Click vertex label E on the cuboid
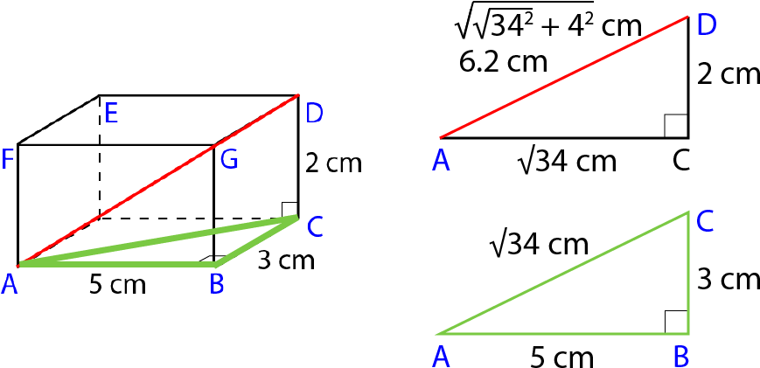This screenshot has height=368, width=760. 111,115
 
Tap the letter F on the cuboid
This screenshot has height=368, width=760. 7,160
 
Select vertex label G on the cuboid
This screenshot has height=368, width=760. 229,160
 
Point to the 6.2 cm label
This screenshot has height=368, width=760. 503,62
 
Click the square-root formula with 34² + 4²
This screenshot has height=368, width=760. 548,25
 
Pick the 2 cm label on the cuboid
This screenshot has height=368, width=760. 333,163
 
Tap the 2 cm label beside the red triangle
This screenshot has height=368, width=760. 728,75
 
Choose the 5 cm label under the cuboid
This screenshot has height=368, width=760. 117,285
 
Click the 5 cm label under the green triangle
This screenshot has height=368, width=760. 561,358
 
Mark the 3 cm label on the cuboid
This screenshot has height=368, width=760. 286,260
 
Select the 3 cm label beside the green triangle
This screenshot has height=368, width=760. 728,280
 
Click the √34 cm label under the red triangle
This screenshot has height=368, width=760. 567,161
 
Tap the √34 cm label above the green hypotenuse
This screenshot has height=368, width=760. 539,244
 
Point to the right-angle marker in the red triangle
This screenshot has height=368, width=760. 677,126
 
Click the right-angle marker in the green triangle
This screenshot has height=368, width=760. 677,322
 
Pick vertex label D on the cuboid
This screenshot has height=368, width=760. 315,114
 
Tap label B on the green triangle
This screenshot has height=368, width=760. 682,357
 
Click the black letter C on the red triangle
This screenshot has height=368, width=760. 681,161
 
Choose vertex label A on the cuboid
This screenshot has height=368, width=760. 10,284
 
